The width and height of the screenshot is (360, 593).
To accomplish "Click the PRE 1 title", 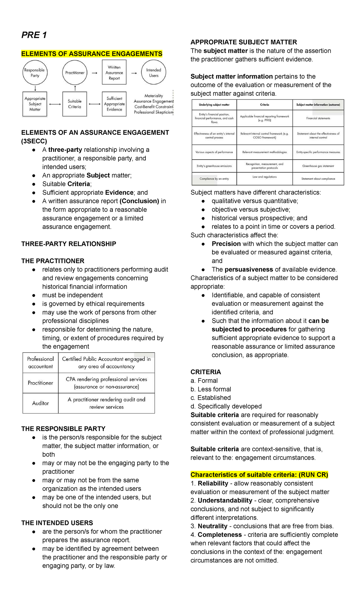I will [x=34, y=35].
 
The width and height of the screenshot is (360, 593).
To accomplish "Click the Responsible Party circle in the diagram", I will [x=35, y=73].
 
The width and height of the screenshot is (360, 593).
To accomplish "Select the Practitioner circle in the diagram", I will [x=75, y=73].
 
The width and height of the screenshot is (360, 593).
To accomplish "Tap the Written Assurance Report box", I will [x=114, y=73].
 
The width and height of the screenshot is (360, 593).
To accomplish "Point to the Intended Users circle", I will [x=154, y=73].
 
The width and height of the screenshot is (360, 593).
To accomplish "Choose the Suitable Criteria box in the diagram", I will [x=75, y=104].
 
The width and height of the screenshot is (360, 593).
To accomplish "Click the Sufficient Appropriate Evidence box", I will [x=114, y=104].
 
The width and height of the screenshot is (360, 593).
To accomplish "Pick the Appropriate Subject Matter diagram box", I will [x=35, y=104].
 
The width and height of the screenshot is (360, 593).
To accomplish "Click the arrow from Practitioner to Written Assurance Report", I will [x=94, y=73].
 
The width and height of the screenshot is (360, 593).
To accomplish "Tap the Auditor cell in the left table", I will [x=40, y=403].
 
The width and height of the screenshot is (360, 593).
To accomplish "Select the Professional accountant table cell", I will [x=40, y=363].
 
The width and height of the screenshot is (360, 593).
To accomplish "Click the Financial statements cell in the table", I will [x=318, y=118].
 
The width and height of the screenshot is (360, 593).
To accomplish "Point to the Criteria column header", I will [x=265, y=105].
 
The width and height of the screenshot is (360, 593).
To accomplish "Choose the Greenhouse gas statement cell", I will [x=318, y=166].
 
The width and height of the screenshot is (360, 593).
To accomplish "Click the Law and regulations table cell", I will [x=265, y=177].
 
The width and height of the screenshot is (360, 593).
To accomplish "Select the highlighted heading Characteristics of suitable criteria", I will [x=259, y=475].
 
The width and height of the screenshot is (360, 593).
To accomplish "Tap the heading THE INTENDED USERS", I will [x=57, y=523].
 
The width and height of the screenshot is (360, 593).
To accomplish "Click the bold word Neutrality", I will [x=212, y=526].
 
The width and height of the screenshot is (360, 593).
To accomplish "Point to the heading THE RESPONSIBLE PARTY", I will [x=63, y=429].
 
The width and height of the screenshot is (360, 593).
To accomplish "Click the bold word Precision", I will [x=226, y=244].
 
